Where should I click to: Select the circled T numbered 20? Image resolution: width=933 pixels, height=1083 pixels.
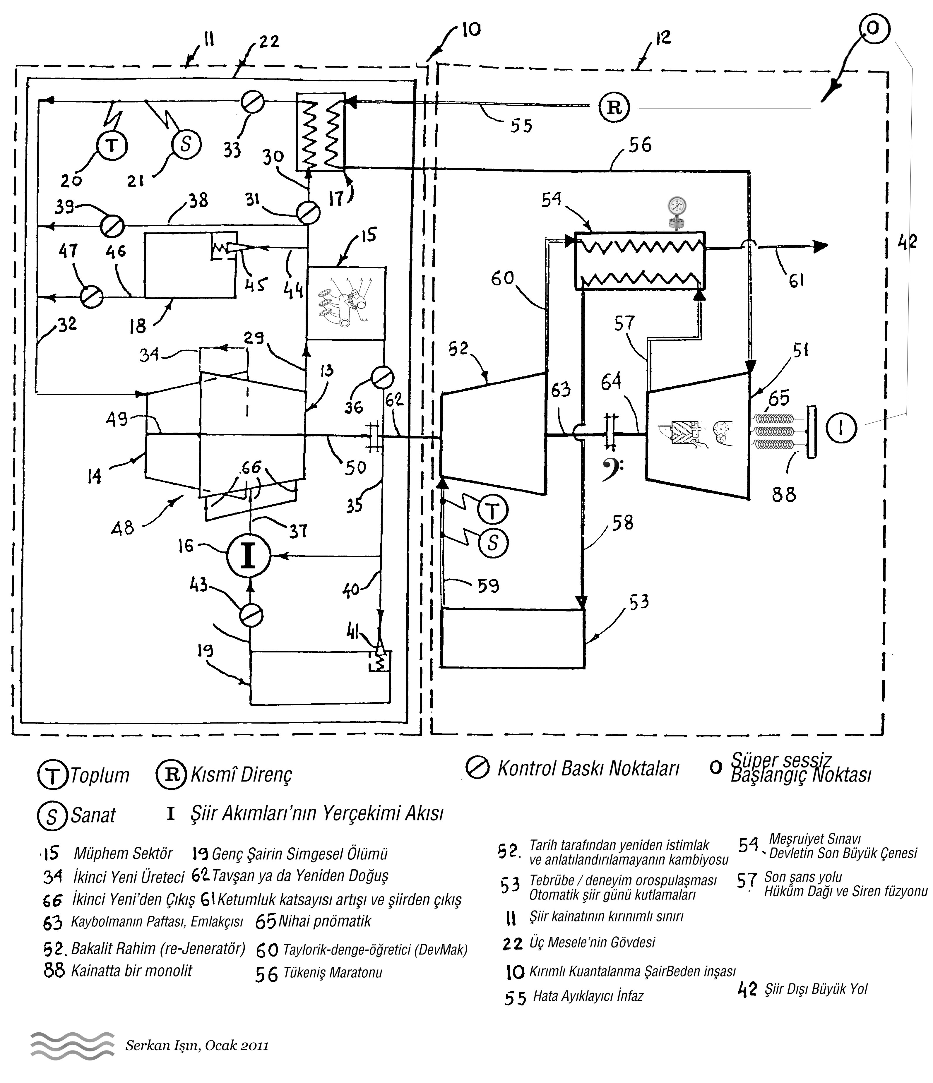112,145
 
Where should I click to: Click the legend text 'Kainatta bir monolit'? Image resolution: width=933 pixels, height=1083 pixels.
132,971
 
